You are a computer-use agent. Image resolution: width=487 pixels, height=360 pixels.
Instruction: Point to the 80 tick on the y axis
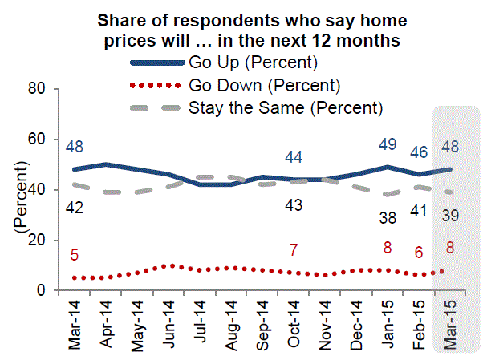pyautogui.click(x=35, y=89)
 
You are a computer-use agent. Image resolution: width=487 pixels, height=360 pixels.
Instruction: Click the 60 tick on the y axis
pyautogui.click(x=35, y=140)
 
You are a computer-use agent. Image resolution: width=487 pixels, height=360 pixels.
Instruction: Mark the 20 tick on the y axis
pyautogui.click(x=35, y=241)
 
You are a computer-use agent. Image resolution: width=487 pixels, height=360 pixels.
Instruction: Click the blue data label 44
pyautogui.click(x=294, y=157)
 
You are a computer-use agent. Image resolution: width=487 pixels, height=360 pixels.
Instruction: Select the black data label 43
pyautogui.click(x=294, y=205)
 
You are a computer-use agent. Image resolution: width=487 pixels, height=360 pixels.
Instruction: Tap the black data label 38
pyautogui.click(x=388, y=217)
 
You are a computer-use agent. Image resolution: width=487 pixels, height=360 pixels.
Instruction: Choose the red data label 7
pyautogui.click(x=294, y=250)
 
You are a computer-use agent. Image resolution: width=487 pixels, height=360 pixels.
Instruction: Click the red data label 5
pyautogui.click(x=75, y=256)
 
